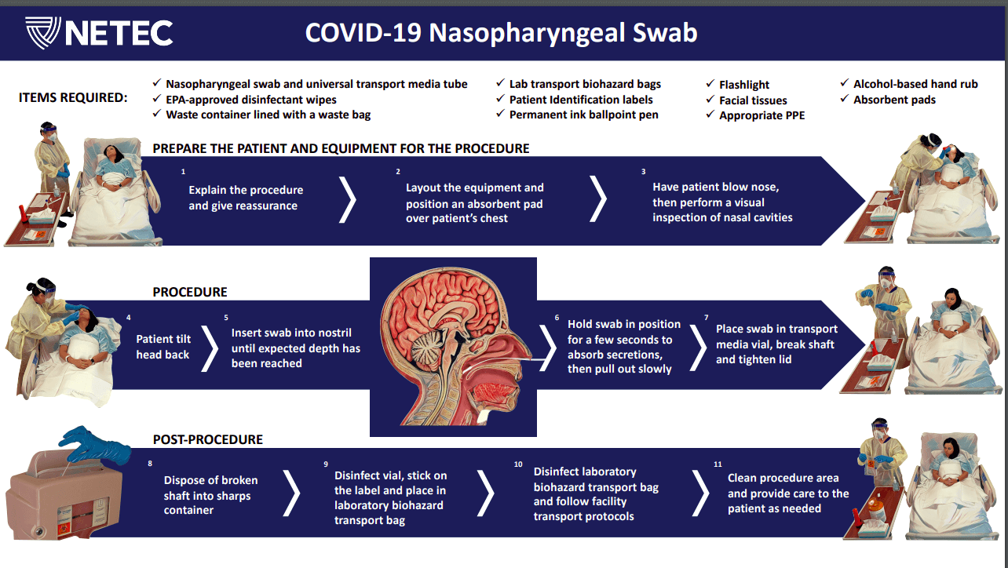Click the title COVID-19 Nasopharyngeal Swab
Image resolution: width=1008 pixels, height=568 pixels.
501,33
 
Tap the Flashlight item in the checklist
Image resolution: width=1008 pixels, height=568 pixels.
743,85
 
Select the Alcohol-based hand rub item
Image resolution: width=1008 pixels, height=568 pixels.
915,84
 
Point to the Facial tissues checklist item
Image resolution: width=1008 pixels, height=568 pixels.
752,100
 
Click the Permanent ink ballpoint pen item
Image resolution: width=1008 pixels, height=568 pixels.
583,115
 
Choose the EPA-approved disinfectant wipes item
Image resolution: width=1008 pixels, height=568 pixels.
250,100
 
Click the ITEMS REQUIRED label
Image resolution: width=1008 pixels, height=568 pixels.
73,98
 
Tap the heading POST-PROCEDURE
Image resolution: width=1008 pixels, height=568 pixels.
207,439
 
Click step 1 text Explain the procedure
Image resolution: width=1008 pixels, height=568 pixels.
246,198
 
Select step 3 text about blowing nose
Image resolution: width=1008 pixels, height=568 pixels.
722,202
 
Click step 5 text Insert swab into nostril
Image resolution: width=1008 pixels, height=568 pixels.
295,348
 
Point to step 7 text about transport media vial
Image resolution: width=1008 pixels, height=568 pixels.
776,344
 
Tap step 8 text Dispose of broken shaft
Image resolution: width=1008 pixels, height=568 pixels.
210,495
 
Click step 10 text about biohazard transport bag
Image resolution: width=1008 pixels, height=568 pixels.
596,494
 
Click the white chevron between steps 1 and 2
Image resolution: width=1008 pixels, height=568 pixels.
347,199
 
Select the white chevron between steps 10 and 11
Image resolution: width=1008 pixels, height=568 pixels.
702,493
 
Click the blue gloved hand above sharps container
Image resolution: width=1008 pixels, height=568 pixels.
95,446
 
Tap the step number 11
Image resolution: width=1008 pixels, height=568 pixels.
718,464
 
